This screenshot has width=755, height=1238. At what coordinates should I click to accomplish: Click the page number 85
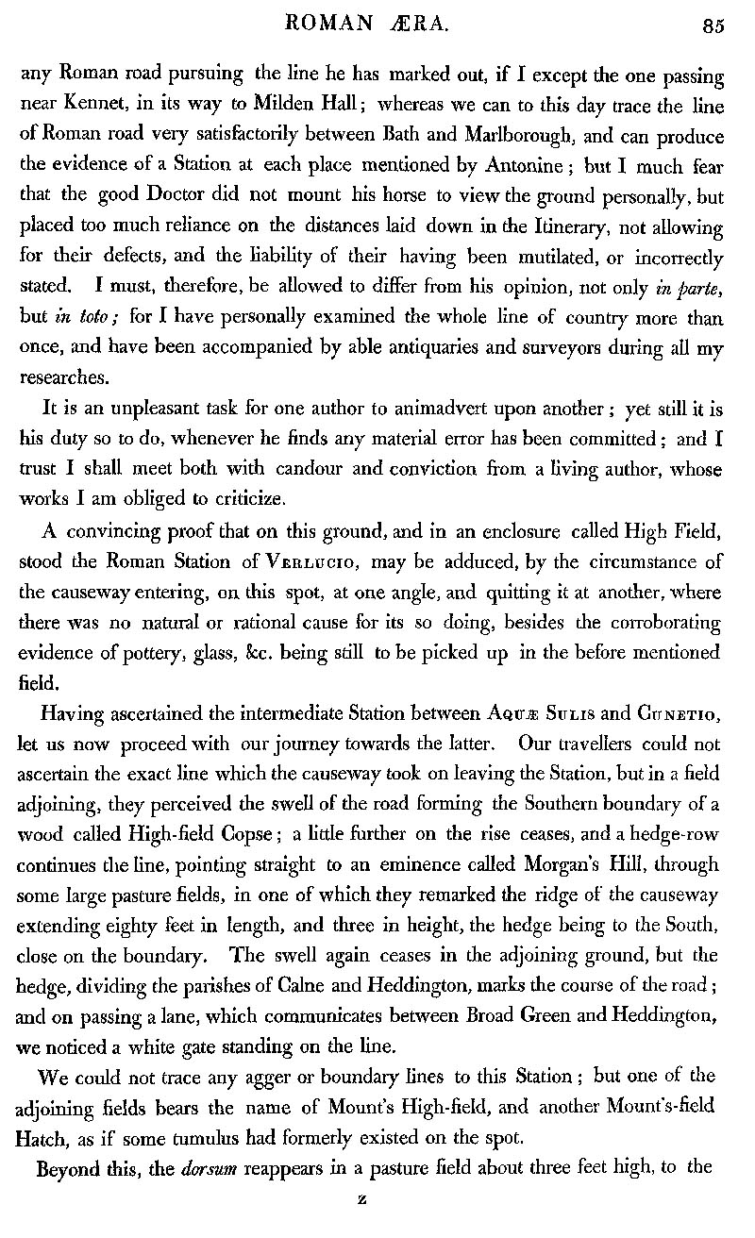[713, 26]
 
